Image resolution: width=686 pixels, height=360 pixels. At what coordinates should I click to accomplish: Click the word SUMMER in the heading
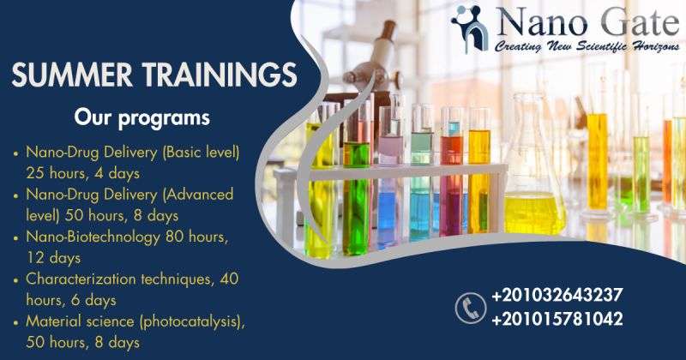tap(72, 75)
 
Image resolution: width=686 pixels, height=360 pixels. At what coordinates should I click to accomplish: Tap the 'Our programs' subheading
tap(141, 118)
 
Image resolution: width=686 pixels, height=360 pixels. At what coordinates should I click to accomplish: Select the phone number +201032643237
tap(557, 295)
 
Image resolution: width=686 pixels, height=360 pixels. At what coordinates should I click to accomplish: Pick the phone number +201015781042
tap(557, 319)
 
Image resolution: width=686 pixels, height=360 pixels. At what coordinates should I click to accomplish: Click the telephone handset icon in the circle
tap(471, 309)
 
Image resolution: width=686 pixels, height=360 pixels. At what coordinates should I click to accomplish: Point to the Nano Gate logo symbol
tap(470, 29)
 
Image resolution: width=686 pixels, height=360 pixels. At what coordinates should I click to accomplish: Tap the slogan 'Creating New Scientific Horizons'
tap(587, 46)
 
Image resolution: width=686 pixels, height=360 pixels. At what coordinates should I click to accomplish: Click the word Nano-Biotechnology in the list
tap(93, 237)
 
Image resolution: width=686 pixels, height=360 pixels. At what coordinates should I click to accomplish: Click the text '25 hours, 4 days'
tap(82, 173)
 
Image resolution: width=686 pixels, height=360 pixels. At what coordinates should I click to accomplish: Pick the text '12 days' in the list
tap(53, 258)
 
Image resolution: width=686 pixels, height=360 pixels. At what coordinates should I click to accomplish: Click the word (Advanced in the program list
tap(198, 195)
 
